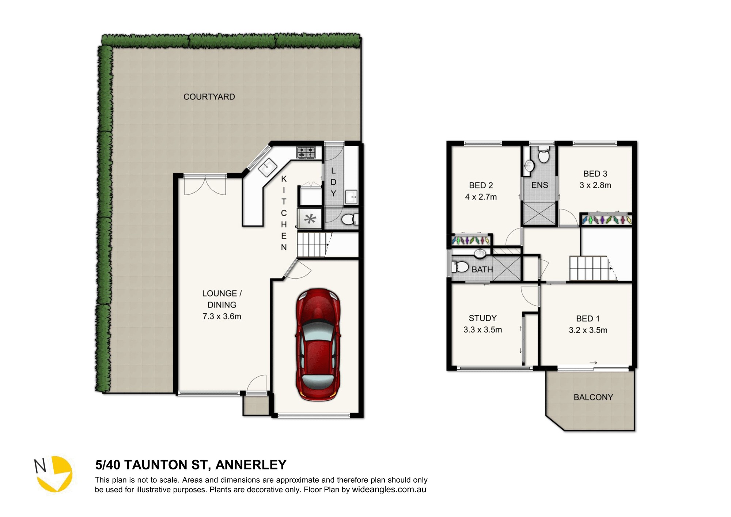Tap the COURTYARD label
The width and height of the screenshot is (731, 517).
(209, 97)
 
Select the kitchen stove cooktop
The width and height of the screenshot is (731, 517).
(306, 152)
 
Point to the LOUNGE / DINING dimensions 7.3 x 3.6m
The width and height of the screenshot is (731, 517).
(222, 316)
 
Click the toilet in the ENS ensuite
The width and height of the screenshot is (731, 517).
(544, 155)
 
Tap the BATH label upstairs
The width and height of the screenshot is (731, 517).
(482, 269)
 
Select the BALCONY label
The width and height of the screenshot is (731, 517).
(593, 397)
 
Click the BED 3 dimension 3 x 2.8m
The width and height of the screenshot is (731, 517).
(595, 185)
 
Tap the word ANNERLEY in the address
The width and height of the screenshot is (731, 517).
(251, 465)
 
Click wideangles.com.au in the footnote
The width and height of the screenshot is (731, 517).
(389, 490)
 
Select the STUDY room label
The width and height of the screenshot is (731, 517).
(482, 318)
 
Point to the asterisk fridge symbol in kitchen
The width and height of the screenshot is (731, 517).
(310, 219)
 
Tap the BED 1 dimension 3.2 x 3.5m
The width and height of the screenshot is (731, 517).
(588, 330)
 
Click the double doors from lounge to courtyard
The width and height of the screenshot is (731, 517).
(205, 185)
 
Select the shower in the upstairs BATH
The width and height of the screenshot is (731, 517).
(507, 268)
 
